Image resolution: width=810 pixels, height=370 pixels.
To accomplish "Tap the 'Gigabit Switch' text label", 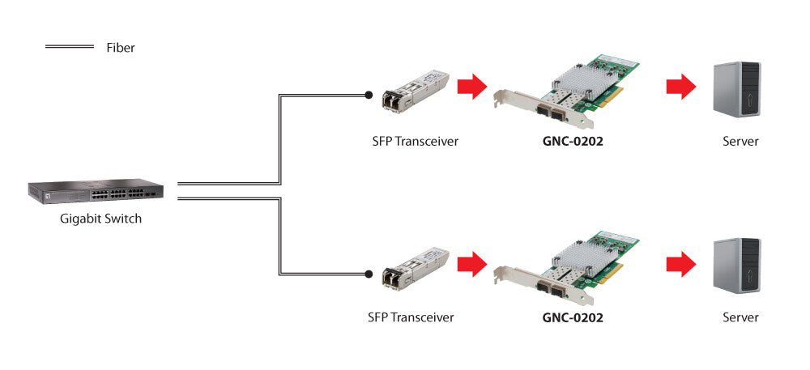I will (x=100, y=218).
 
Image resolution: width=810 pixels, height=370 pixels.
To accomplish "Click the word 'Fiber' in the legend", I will (x=121, y=48).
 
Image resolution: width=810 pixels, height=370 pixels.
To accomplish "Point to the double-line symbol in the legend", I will (x=69, y=48).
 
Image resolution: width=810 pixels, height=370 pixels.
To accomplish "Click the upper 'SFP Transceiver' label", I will (x=411, y=141).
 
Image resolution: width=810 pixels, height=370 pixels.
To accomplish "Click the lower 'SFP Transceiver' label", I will (x=411, y=317).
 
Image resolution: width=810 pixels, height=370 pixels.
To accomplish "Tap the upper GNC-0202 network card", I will (x=566, y=91).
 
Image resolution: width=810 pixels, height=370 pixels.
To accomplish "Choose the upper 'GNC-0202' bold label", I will (x=573, y=141).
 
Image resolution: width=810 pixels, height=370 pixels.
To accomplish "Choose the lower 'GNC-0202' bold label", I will (x=573, y=317).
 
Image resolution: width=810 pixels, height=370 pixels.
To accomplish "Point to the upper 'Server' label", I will (x=740, y=141).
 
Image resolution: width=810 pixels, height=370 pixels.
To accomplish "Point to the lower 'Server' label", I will (x=740, y=317).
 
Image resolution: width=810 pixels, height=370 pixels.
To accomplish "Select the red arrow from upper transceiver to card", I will (x=471, y=86).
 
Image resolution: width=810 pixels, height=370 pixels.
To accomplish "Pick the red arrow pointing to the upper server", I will (x=680, y=86).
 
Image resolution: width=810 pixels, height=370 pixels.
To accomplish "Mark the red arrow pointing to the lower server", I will (x=680, y=262).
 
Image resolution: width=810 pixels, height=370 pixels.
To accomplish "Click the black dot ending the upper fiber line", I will (x=369, y=95).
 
